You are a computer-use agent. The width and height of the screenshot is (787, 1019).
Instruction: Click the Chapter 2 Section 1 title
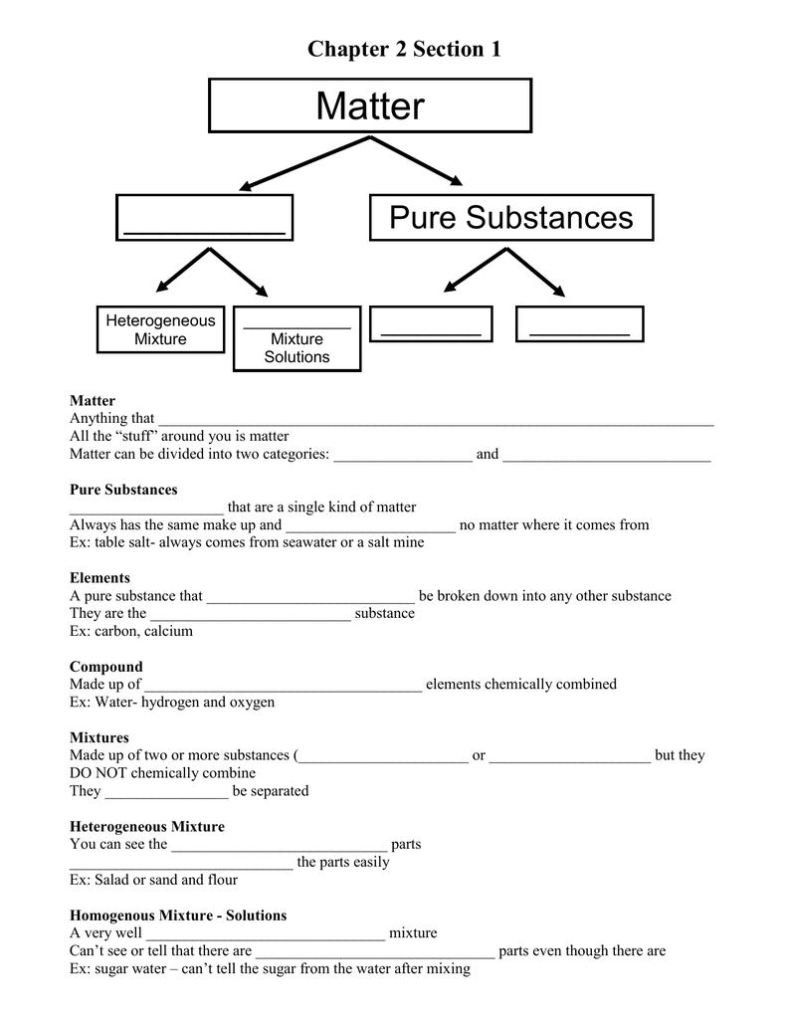pos(404,48)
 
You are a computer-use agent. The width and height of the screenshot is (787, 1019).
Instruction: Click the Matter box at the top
pos(370,105)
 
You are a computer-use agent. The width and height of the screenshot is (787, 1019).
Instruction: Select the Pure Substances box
pos(511,217)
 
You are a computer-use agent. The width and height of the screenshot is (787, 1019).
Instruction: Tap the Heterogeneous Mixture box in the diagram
pos(160,329)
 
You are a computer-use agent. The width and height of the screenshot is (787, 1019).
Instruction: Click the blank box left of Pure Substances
pos(205,217)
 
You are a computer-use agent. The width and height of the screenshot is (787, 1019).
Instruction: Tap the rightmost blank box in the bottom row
pos(580,324)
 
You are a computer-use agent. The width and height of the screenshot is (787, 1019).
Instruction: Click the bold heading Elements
pos(99,578)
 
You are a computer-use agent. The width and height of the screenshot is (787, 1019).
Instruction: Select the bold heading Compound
pos(106,667)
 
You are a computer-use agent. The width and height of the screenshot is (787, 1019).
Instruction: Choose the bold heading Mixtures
pos(99,737)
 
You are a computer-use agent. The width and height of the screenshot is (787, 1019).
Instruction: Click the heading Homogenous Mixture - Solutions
pos(178,915)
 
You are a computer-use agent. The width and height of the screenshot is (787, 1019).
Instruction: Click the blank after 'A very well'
pos(265,934)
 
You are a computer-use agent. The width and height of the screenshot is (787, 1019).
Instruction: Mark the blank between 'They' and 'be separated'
pos(166,793)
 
